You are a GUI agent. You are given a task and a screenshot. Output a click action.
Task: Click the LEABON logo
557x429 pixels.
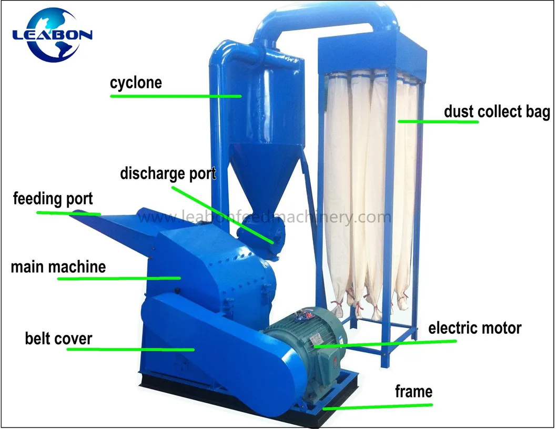click(x=52, y=35)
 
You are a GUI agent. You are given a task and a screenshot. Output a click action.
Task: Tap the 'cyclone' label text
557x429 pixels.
click(x=136, y=83)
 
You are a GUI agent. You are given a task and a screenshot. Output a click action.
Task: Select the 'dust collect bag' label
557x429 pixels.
click(x=497, y=112)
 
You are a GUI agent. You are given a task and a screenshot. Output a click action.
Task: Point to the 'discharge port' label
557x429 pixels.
click(x=168, y=173)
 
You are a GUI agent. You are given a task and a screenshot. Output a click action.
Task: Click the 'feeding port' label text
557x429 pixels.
click(x=53, y=199)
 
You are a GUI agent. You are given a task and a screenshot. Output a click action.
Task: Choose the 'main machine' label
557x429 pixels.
click(x=58, y=267)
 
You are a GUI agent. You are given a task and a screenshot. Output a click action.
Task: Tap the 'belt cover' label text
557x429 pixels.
click(x=58, y=339)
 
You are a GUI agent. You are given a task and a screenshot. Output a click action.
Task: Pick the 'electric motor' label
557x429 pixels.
click(x=475, y=328)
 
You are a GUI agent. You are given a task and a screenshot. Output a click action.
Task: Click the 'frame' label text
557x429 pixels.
click(x=414, y=391)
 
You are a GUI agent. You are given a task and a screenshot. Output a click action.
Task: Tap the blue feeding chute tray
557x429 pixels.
click(x=114, y=227)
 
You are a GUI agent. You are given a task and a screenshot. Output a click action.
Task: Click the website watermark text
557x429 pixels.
click(x=265, y=217)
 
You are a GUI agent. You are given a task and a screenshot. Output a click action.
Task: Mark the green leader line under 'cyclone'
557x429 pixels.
click(x=176, y=96)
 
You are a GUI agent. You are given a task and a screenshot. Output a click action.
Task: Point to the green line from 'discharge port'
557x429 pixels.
click(x=222, y=215)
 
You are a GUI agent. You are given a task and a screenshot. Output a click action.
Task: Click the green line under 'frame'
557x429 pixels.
click(x=378, y=406)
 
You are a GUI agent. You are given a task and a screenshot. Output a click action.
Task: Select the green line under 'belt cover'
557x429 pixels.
click(x=131, y=350)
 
